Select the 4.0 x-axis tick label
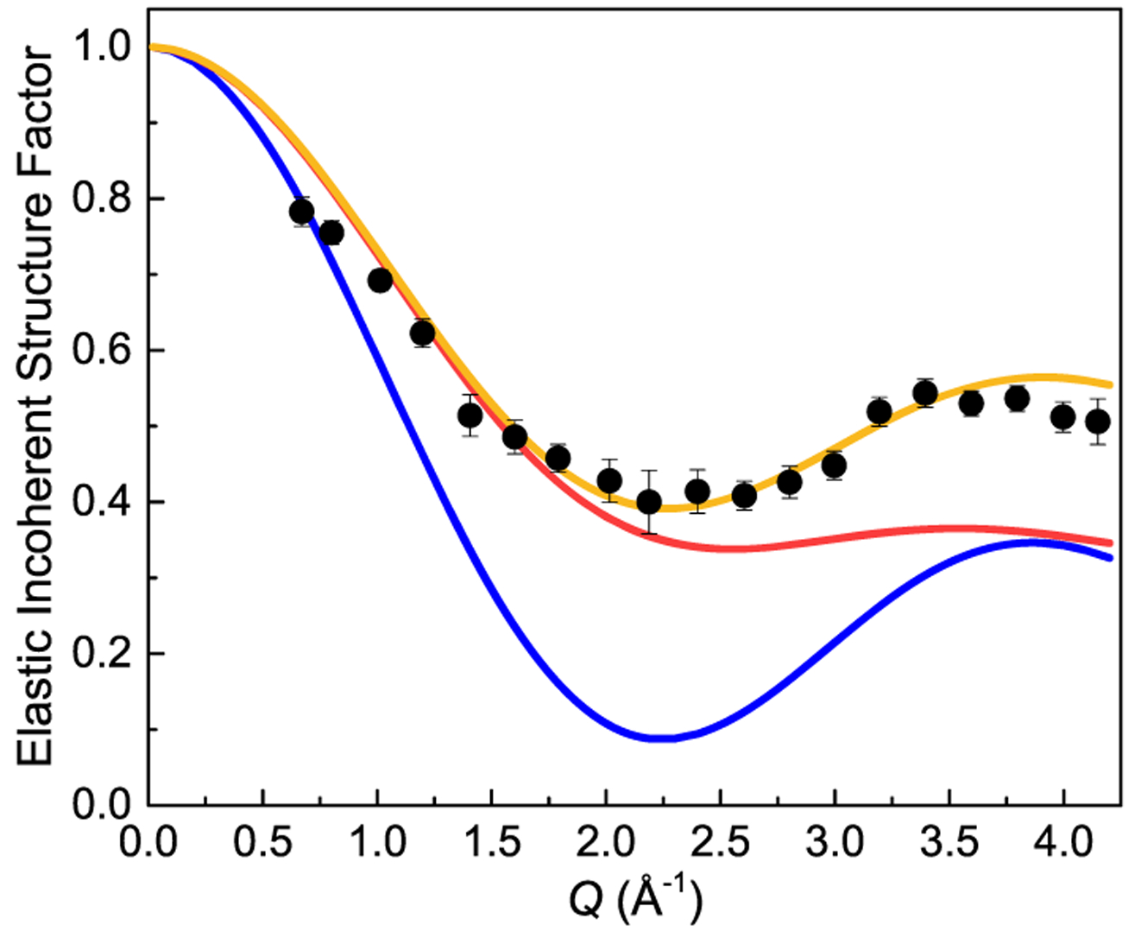tap(1063, 842)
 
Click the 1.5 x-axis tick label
tap(492, 842)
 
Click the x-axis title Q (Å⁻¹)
tap(636, 900)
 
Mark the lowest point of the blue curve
tap(662, 738)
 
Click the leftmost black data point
tap(302, 212)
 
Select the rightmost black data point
tap(1098, 421)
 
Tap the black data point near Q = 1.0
tap(381, 280)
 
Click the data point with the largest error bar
tap(649, 502)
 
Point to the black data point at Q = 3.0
tap(834, 466)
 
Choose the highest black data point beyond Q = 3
tap(925, 394)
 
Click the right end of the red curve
tap(1112, 543)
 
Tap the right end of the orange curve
tap(1112, 384)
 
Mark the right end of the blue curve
tap(1112, 558)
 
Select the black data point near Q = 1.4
tap(470, 415)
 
